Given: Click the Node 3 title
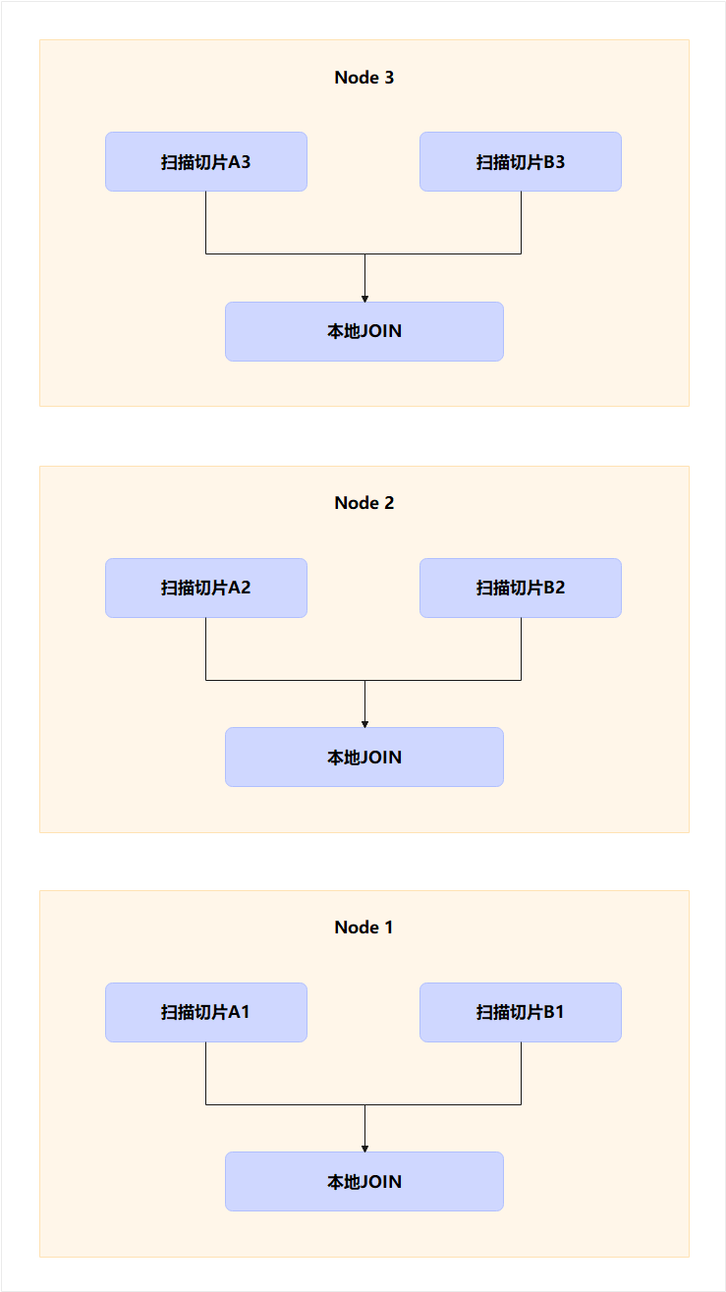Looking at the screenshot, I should (363, 78).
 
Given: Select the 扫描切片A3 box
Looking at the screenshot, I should (206, 161).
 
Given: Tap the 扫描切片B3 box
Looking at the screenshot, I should (521, 161).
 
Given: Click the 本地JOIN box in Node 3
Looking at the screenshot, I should (364, 331).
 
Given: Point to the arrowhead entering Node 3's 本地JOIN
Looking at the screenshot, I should (364, 298).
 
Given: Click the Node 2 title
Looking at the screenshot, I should (363, 503).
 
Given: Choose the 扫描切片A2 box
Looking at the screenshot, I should (206, 588).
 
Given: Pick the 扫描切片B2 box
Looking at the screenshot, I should (521, 588).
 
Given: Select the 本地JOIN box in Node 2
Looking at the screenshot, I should (364, 757).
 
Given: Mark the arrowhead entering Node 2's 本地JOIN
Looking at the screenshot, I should (364, 723).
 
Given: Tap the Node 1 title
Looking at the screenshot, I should (363, 927).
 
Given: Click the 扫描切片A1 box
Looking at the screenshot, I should (206, 1012).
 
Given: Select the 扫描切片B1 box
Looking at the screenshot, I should (521, 1012).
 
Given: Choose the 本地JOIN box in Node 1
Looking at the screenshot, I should (364, 1181).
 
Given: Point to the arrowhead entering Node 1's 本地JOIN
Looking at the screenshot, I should (364, 1148).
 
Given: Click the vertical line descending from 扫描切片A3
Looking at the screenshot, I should (205, 222).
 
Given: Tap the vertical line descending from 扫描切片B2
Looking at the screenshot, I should (521, 648).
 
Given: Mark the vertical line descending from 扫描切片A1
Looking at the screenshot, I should (205, 1073).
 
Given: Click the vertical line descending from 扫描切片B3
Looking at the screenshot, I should (521, 222).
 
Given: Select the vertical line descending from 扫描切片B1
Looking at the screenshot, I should (521, 1073).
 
